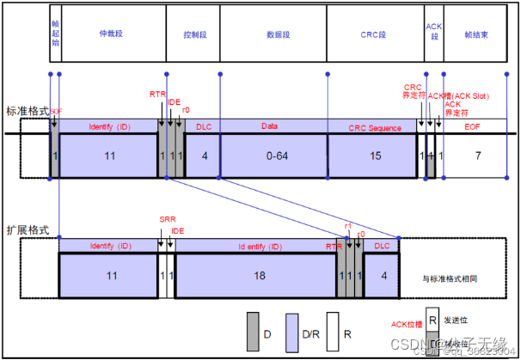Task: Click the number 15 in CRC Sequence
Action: click(375, 156)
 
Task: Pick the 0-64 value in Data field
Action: click(273, 156)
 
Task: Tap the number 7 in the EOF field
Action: click(478, 156)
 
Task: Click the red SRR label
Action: click(167, 221)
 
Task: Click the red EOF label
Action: click(474, 127)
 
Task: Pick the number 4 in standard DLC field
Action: click(203, 156)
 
